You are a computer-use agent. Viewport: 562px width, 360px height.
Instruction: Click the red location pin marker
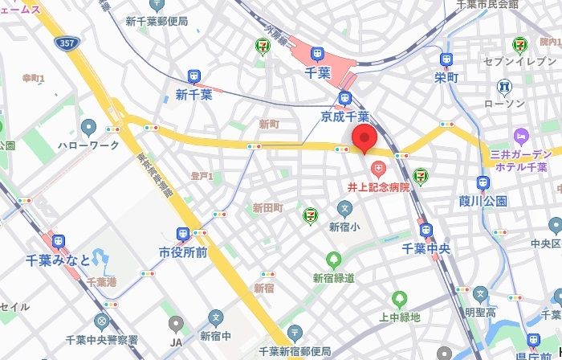coord(364,139)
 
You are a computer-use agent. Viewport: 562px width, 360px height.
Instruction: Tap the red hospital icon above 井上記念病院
coord(378,169)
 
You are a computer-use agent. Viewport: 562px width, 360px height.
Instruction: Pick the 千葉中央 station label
coord(426,249)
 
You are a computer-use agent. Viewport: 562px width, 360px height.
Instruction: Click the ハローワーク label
coord(88,145)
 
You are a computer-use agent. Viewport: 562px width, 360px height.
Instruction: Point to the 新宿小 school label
coord(344,227)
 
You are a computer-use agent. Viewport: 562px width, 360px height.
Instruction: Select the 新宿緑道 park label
coord(333,278)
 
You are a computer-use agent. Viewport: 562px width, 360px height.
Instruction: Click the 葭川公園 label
coord(484,200)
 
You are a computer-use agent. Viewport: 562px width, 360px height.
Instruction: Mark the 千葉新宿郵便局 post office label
coord(295,351)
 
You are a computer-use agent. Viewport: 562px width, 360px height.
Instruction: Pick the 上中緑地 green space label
coord(399,317)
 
